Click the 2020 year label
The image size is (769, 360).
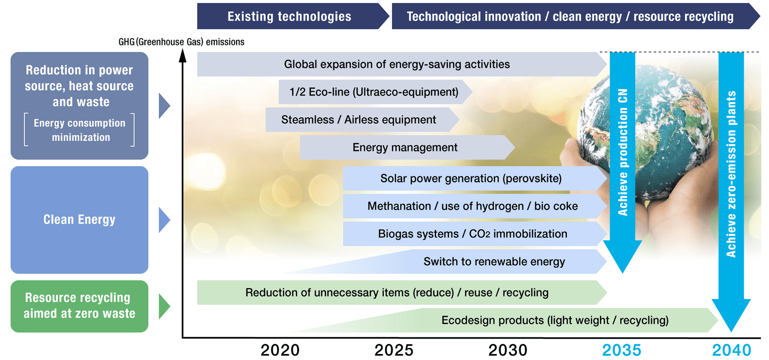280,350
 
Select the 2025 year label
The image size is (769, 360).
394,350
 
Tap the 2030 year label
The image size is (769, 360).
508,350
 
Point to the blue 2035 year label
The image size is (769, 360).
622,350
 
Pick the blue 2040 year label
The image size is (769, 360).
732,350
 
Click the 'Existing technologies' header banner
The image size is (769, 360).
293,16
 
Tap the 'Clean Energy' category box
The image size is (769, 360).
79,220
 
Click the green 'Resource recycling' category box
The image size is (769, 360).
79,306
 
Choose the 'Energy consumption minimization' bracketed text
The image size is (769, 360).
79,130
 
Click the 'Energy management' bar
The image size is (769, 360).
407,147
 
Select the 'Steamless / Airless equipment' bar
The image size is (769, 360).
362,120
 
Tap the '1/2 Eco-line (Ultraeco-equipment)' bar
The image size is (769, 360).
375,92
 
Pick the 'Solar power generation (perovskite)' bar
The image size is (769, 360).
475,178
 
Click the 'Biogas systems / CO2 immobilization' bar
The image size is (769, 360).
475,234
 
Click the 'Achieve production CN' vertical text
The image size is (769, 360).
623,152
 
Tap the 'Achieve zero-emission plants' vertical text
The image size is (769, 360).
731,174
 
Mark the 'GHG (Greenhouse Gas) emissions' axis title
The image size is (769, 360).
182,42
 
